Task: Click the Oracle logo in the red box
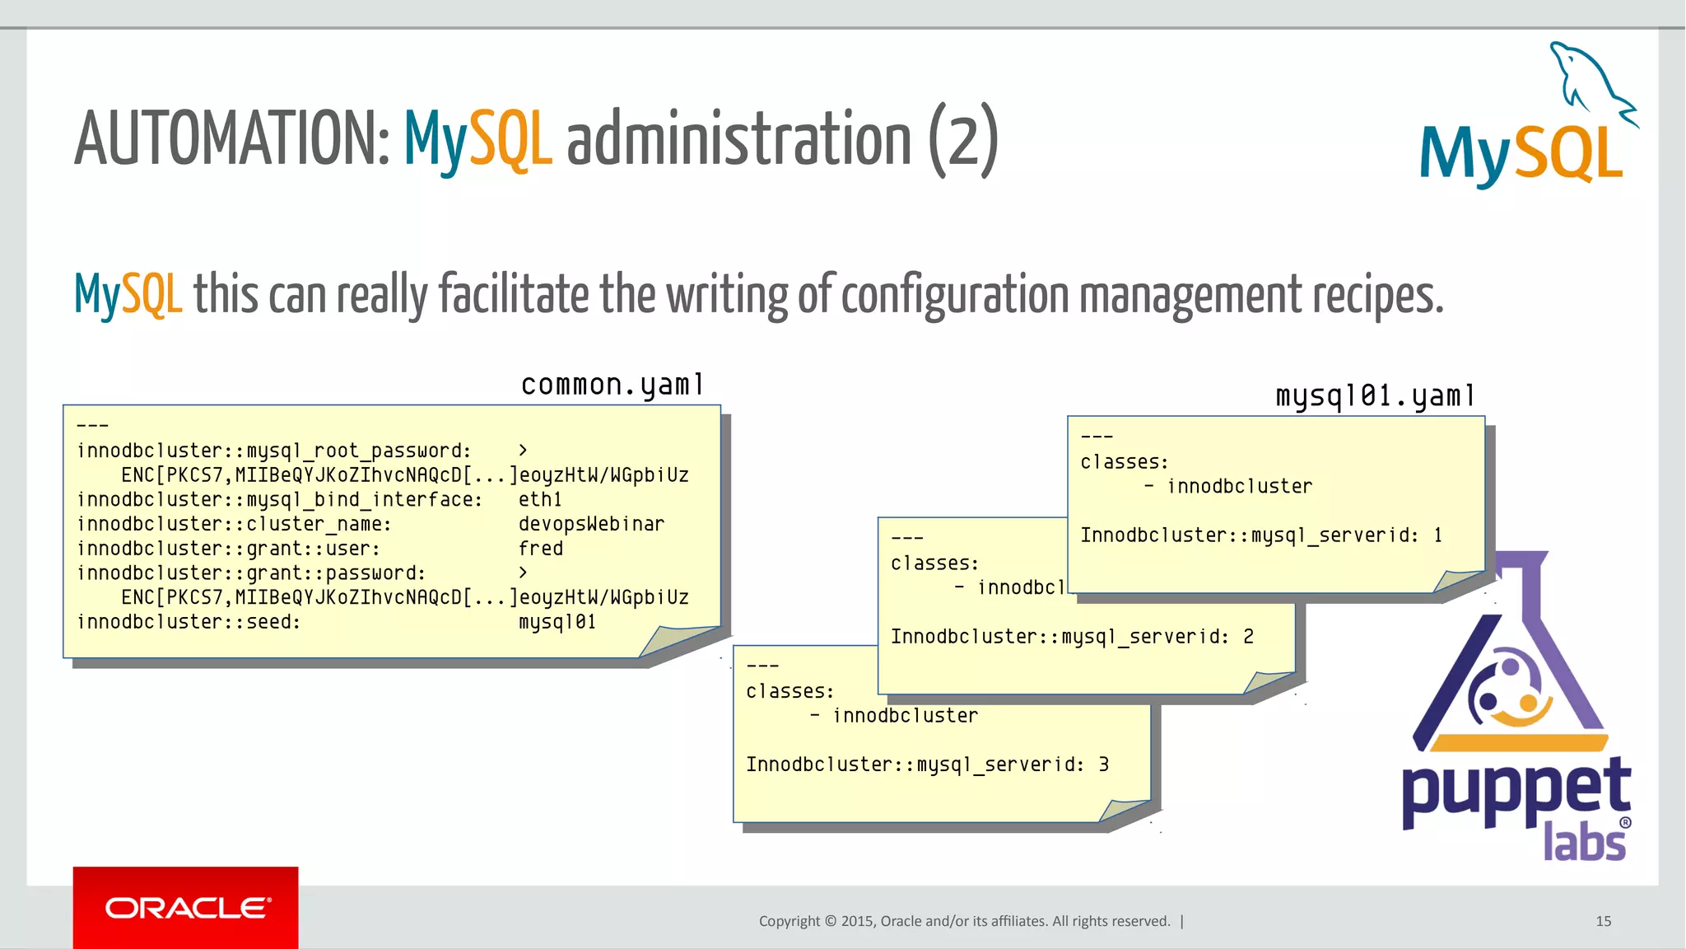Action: tap(186, 908)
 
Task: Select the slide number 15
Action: tap(1603, 921)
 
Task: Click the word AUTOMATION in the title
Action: tap(231, 138)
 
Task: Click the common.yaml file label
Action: tap(612, 385)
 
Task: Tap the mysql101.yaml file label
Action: tap(1375, 396)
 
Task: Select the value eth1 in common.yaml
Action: tap(540, 499)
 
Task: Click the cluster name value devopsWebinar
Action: tap(591, 524)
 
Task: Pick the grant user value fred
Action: tap(541, 549)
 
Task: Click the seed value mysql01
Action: tap(557, 622)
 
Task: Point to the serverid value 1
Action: tap(1437, 535)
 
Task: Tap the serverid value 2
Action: tap(1248, 637)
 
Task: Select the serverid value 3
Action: tap(1103, 765)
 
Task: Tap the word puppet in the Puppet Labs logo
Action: tap(1516, 788)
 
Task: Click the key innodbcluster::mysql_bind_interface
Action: tap(280, 499)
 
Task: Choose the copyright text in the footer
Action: tap(964, 921)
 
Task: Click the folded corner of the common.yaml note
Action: tap(677, 641)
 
